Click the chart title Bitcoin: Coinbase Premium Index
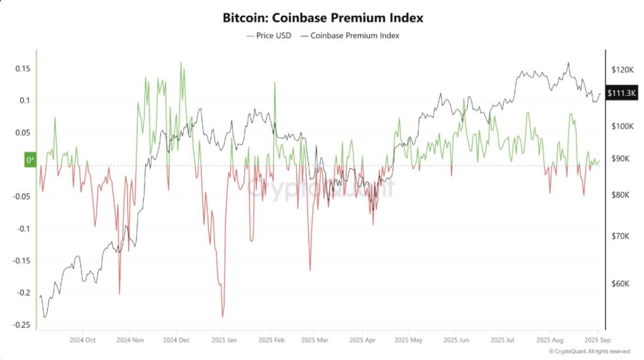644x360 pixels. [x=322, y=18]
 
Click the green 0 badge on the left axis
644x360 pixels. [x=30, y=160]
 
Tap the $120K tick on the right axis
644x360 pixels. [x=622, y=69]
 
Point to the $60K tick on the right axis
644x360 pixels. [x=622, y=284]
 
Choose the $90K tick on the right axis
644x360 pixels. [x=622, y=158]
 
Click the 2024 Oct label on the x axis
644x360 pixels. [x=82, y=340]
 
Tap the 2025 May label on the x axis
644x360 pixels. [x=409, y=340]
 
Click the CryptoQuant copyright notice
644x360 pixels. [x=589, y=351]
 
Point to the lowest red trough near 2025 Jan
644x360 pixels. [x=223, y=317]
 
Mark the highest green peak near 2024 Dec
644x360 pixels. [x=181, y=63]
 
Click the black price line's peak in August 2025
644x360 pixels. [x=568, y=64]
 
